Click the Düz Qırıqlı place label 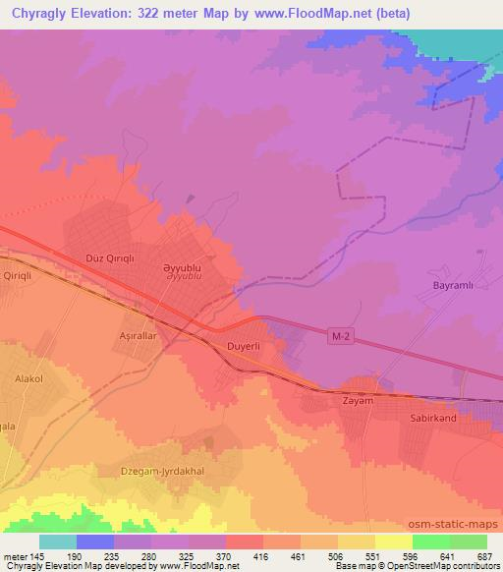click(110, 259)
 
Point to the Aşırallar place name click(140, 335)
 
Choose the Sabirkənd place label click(433, 417)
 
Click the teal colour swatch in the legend click(57, 542)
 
